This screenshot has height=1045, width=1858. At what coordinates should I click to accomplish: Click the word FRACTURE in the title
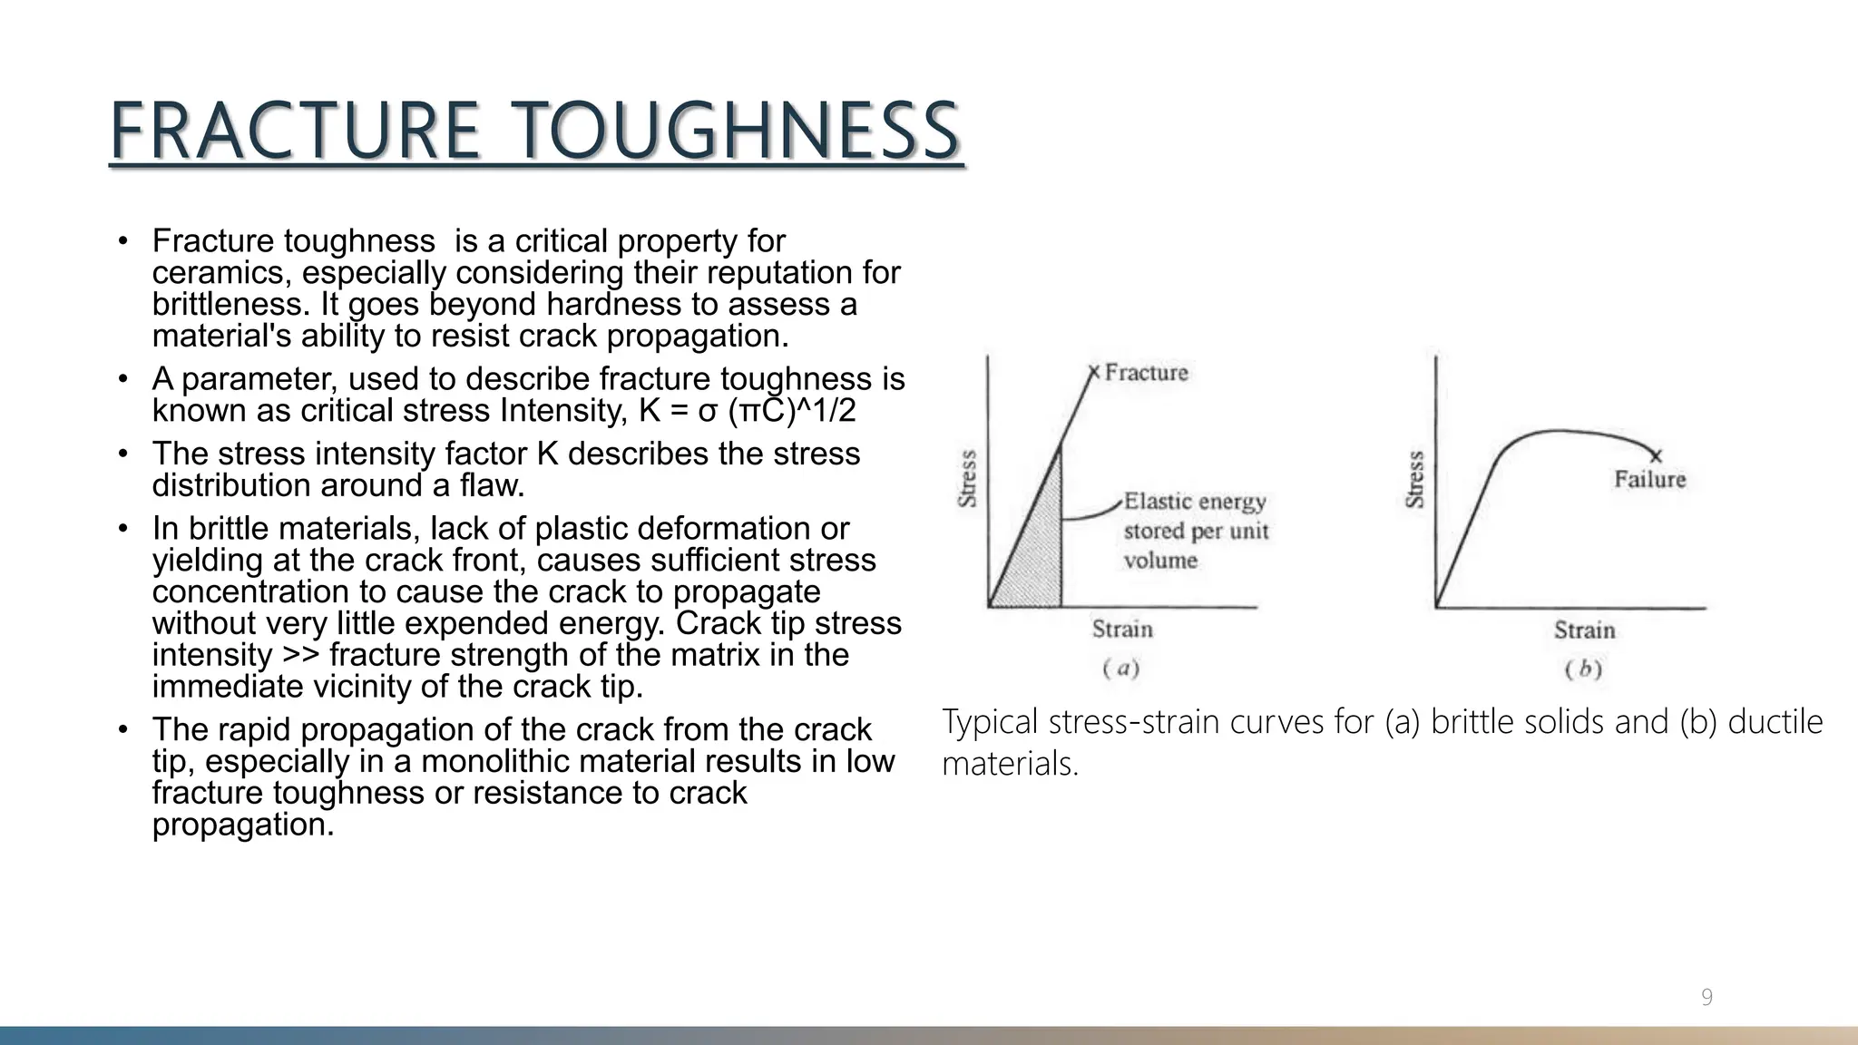(295, 132)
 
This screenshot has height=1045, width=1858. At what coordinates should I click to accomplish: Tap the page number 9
(1706, 998)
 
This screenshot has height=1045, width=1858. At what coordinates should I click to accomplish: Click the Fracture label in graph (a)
(1146, 372)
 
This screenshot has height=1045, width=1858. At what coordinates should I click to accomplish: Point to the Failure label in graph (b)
(1649, 479)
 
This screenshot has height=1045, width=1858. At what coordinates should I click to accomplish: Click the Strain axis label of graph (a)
(1122, 629)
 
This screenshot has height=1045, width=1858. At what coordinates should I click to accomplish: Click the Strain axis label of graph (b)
(1584, 630)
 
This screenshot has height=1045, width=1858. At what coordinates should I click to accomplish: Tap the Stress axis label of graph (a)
(968, 478)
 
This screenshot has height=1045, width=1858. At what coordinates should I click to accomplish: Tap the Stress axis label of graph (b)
(1414, 479)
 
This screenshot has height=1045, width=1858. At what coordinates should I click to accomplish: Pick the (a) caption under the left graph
(1121, 669)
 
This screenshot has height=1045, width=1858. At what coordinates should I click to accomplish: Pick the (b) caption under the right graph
(1583, 669)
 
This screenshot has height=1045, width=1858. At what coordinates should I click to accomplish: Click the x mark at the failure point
(1656, 455)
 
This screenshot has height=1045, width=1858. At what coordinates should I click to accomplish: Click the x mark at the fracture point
(1093, 372)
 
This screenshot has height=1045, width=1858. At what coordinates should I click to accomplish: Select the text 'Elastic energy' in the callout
(1194, 502)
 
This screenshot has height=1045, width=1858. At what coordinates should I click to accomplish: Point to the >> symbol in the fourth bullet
(301, 655)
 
